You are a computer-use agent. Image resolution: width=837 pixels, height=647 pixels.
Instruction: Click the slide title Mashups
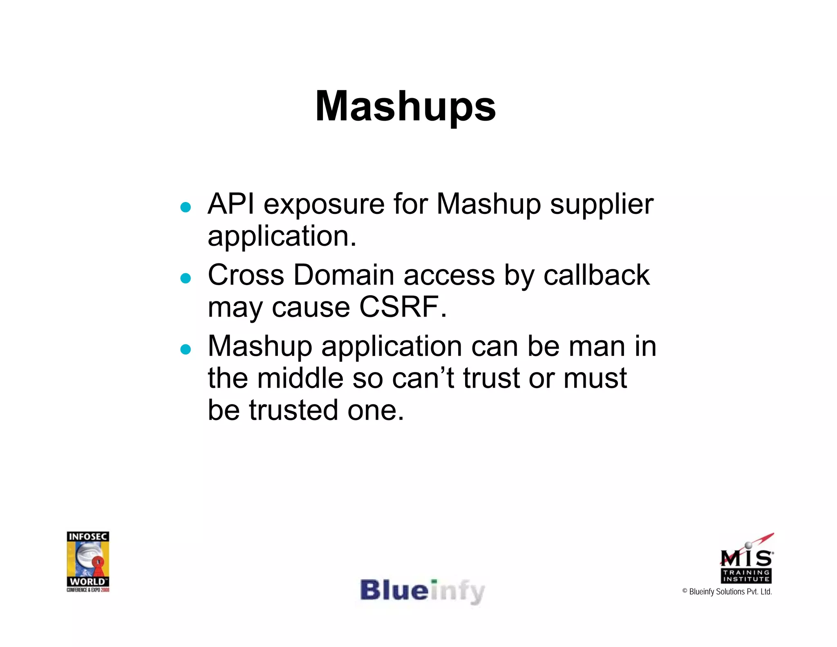[x=405, y=106]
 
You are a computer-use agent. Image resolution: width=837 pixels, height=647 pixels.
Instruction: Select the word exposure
[x=324, y=204]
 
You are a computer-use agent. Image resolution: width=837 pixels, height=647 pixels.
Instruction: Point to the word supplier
[x=602, y=204]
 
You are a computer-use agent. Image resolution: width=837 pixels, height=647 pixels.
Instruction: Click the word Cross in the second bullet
[x=246, y=275]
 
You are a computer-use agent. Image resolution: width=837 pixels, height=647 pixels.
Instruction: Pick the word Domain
[x=344, y=275]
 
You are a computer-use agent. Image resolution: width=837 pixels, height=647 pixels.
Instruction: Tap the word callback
[x=596, y=275]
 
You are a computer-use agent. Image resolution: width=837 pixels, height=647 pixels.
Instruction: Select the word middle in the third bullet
[x=300, y=378]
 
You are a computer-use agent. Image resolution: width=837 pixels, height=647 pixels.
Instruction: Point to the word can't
[x=423, y=378]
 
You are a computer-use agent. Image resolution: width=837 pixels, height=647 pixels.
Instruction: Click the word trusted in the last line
[x=293, y=410]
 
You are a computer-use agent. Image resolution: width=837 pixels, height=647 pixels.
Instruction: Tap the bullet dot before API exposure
[x=186, y=207]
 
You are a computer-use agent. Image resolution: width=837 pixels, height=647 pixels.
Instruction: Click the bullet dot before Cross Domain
[x=186, y=279]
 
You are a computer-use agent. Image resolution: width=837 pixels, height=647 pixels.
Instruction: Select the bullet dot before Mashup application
[x=186, y=349]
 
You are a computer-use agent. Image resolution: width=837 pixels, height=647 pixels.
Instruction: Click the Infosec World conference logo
[x=88, y=561]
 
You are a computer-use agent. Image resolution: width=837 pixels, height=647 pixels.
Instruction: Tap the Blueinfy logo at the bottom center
[x=422, y=591]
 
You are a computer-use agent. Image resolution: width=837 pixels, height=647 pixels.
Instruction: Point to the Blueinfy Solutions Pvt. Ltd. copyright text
[x=727, y=591]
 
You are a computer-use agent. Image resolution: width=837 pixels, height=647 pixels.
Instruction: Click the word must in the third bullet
[x=595, y=378]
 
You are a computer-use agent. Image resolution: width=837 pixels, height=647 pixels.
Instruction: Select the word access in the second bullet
[x=449, y=275]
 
